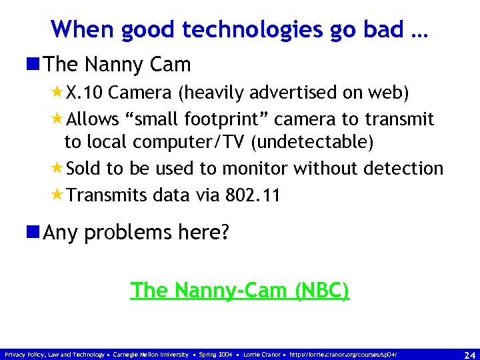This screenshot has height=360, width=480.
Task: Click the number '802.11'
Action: (253, 195)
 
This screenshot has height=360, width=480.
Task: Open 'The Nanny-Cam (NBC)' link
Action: (240, 291)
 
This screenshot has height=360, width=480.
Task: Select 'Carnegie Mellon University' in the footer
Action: (151, 354)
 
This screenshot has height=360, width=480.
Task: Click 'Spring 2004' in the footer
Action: (216, 354)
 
